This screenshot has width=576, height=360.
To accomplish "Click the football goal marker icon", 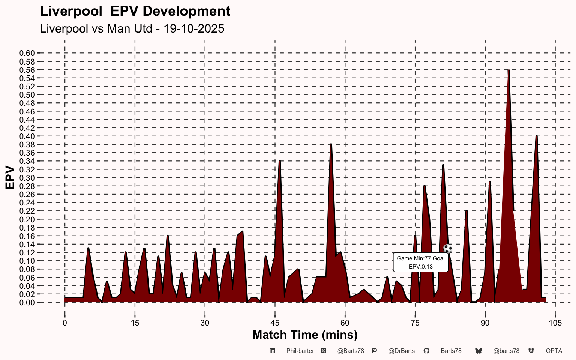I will coord(448,249).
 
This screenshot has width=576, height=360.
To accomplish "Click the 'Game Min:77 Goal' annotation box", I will coord(420,262).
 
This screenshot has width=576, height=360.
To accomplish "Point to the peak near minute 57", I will coord(331,145).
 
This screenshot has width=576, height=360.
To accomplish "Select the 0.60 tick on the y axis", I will coord(27,53).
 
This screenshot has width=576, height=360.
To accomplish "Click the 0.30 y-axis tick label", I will coord(27,178).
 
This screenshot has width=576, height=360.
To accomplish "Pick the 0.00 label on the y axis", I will coord(27,303).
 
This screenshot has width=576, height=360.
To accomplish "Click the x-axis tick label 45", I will coord(275,323).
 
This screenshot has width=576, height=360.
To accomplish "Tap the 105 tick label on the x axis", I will coord(555,323).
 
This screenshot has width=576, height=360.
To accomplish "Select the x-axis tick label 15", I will coord(135,323).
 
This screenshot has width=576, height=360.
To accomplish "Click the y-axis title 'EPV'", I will coord(10,178).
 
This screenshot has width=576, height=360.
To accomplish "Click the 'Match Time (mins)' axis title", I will coord(305,334).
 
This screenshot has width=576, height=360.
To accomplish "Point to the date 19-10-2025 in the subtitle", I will coord(194,28).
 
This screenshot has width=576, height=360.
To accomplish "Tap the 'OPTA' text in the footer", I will coord(554,351).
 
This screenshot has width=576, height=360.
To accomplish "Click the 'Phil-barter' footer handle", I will coord(300,351).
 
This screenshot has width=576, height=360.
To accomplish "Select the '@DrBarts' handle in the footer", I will coord(401,351).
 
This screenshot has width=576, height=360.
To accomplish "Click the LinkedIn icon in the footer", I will coord(273,351).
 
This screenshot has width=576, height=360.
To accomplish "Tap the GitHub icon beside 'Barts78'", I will coord(426,351).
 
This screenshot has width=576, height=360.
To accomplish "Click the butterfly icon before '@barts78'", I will coord(478,351).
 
